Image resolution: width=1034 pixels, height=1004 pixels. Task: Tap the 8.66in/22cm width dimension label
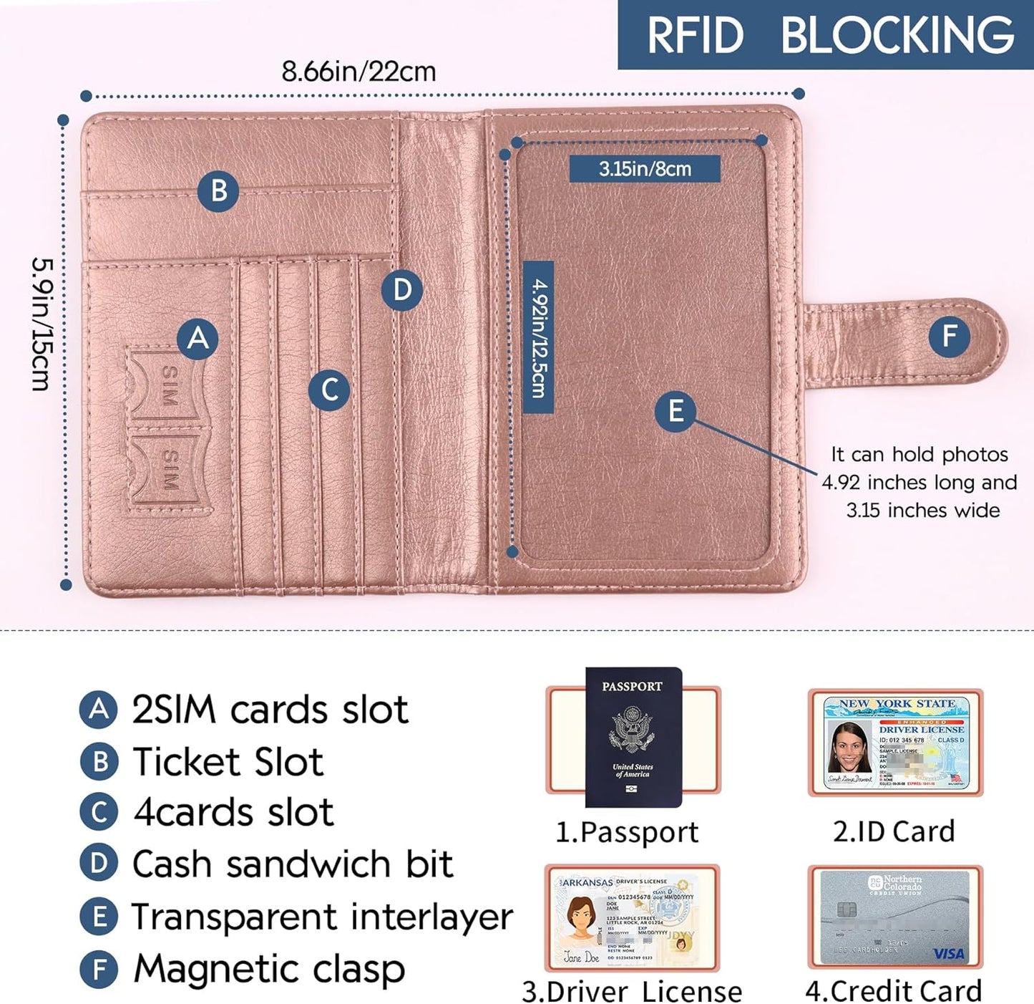coord(359,72)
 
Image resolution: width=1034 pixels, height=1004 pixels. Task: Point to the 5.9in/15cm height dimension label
coord(42,324)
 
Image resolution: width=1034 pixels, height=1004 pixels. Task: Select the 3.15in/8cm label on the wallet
coord(645,169)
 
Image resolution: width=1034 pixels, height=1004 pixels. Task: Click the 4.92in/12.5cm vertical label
coord(538,337)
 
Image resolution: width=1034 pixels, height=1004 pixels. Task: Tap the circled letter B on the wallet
coord(218,191)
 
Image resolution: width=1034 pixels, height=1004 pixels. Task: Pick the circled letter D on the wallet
coord(402,290)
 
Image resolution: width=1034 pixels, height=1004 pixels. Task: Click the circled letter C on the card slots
coord(329,390)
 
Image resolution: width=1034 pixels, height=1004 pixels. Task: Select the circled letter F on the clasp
coord(950,336)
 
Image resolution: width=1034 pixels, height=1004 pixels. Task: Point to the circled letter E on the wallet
coord(675,411)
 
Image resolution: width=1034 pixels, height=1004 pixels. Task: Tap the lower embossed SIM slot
coord(170,470)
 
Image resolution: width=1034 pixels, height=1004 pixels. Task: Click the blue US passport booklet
coord(633,738)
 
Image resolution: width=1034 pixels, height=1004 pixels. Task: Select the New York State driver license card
coord(896,743)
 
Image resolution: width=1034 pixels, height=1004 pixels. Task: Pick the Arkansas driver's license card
coord(633,918)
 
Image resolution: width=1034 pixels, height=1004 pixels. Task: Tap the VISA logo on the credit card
coord(948,954)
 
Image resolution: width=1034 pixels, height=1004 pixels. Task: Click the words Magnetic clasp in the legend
coord(269,970)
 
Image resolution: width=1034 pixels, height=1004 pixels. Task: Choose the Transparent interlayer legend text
coord(322,917)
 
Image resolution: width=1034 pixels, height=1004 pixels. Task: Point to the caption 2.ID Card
coord(894,831)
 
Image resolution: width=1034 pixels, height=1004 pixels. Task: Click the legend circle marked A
coord(99,710)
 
